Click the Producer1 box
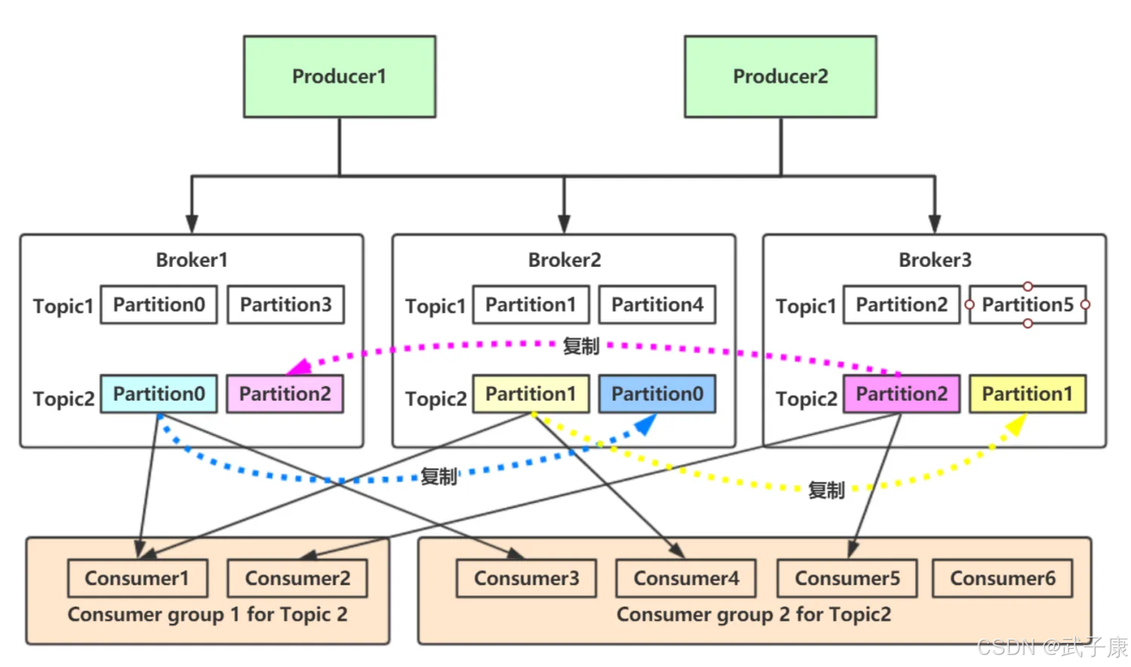[x=340, y=77]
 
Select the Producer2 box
[x=780, y=77]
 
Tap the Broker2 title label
[x=565, y=260]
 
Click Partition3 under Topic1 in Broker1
[x=286, y=304]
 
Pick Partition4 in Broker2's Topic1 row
[x=657, y=304]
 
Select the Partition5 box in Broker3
[x=1028, y=304]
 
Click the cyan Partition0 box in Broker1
[x=159, y=394]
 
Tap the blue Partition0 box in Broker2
[x=657, y=394]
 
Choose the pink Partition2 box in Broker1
[x=285, y=394]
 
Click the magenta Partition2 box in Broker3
[x=902, y=394]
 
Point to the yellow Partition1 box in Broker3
[x=1028, y=394]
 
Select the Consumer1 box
[x=137, y=578]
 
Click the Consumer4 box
[x=686, y=578]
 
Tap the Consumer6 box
[x=1003, y=578]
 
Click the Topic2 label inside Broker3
[x=806, y=399]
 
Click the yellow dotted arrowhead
[x=1016, y=425]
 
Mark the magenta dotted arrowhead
[x=300, y=367]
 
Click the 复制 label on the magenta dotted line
[x=581, y=346]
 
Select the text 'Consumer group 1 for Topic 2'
[x=207, y=614]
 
